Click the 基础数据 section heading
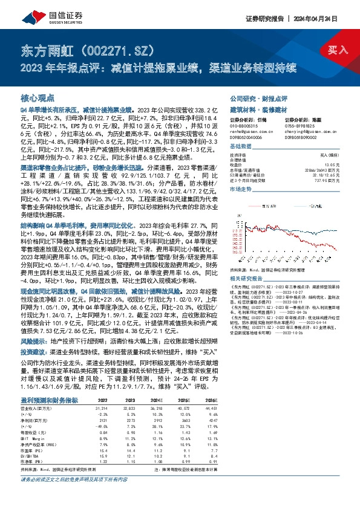tap(242, 146)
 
